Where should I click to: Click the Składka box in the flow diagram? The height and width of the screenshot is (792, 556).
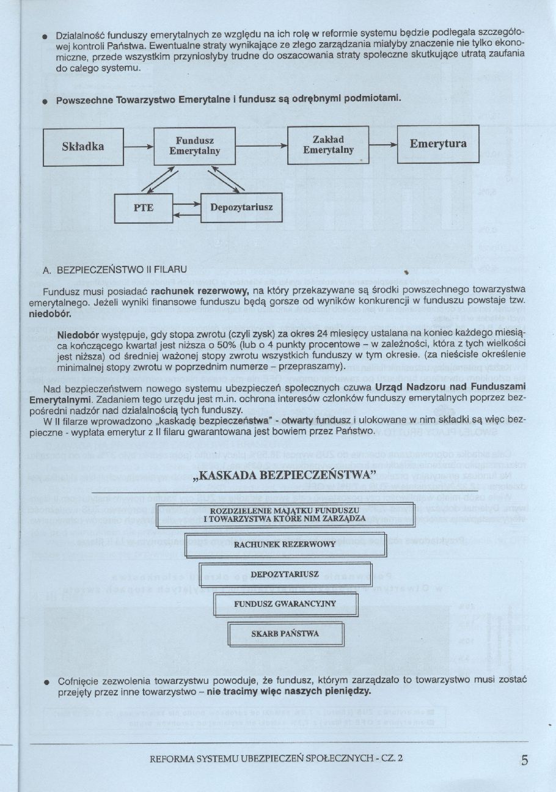tap(83, 147)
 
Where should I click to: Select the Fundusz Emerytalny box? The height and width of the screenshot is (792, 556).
tap(194, 146)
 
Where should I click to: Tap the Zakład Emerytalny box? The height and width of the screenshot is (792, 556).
tap(328, 145)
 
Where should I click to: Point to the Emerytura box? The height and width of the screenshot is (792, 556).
tap(438, 144)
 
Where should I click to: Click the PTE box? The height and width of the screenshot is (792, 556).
tap(144, 208)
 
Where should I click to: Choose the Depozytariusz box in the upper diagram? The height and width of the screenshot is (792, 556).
tap(241, 207)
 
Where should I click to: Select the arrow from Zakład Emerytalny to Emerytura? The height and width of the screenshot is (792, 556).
tap(383, 145)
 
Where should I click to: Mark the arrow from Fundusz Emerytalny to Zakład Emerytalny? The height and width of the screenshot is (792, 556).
tap(262, 146)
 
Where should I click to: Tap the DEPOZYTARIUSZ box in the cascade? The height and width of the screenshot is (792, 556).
tap(285, 574)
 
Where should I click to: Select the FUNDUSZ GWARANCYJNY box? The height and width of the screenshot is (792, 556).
tap(285, 604)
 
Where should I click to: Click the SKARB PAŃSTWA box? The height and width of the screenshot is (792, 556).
tap(285, 634)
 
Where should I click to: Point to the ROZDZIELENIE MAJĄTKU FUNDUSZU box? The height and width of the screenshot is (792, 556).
tap(285, 515)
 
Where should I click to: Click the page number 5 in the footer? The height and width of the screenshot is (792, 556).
tap(525, 761)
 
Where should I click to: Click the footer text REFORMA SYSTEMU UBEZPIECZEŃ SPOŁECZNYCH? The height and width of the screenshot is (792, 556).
tap(276, 759)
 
